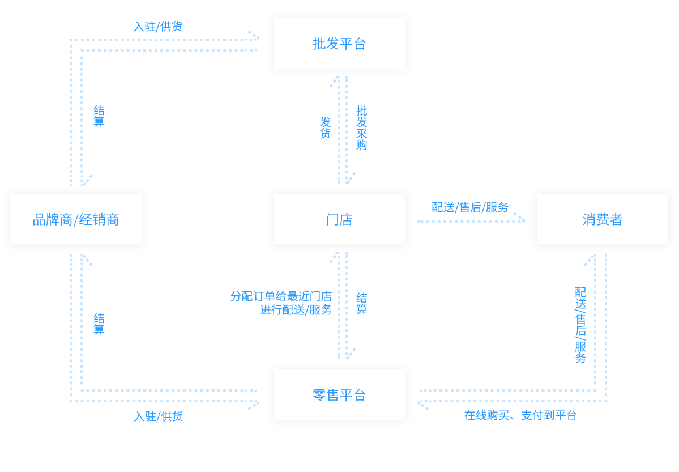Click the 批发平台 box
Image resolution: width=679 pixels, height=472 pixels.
point(339,44)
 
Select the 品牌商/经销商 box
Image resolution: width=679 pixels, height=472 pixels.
point(76,219)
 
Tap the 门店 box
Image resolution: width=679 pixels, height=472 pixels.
point(339,219)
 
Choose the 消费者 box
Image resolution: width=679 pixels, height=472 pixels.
point(602,219)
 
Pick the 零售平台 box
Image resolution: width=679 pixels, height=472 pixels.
point(339,395)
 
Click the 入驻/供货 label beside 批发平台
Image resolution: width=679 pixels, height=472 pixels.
point(159,26)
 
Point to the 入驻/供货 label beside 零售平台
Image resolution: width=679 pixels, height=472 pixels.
point(159,416)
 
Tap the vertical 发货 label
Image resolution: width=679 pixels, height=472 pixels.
point(325,127)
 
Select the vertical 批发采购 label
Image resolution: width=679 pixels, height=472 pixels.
point(361,127)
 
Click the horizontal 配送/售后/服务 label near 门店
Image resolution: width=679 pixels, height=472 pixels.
point(470,207)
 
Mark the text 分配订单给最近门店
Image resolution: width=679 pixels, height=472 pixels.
point(280,296)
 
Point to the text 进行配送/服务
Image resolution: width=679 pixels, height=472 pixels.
point(295,310)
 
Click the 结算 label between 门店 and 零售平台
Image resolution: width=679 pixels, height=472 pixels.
point(361,303)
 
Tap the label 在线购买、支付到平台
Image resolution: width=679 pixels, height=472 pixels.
point(520,415)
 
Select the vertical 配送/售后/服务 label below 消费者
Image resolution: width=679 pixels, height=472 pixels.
point(579,325)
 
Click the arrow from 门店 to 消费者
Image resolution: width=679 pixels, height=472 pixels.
point(470,218)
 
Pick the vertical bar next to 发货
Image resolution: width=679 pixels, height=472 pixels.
point(334,130)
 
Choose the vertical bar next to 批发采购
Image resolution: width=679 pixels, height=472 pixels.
point(350,130)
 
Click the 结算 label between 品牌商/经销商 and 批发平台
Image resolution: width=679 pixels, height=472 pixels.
point(99,116)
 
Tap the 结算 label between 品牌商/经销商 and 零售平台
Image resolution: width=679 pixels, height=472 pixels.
point(99,323)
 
